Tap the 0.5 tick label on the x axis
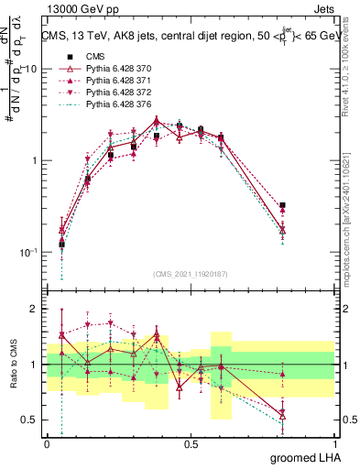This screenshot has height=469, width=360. tap(191, 444)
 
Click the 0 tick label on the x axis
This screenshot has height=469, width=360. tap(48, 444)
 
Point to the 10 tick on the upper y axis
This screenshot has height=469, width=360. tap(30, 70)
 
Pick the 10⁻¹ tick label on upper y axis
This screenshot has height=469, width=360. tap(28, 252)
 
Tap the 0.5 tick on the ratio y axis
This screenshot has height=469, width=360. tap(30, 420)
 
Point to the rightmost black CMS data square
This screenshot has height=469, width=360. tap(283, 206)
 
